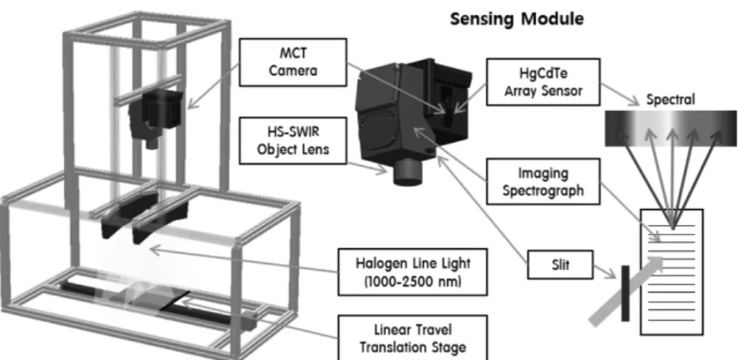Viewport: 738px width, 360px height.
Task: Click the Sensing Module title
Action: (517, 20)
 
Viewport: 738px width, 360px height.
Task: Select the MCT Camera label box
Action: (292, 62)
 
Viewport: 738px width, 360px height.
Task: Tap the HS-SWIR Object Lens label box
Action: (292, 140)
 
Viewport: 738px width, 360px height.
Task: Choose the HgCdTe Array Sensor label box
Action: (543, 82)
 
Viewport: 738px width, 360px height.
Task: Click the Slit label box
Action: (561, 264)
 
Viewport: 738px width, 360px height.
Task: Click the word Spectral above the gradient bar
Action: (671, 99)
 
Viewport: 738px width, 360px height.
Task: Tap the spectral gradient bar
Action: (671, 128)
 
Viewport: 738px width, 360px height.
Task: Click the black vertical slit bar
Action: (625, 293)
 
